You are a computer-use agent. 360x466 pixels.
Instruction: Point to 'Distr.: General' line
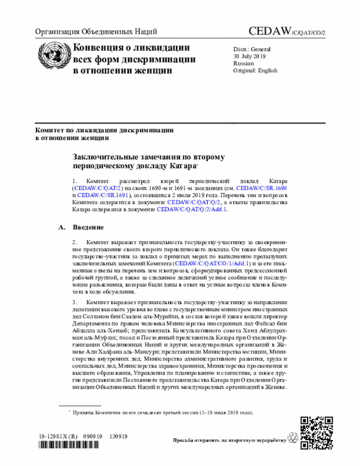(x=252, y=50)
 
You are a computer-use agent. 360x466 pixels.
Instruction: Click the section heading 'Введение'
(x=88, y=227)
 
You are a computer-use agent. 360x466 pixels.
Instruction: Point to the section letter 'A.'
(x=62, y=227)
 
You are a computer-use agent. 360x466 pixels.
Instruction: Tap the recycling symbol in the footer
(x=291, y=437)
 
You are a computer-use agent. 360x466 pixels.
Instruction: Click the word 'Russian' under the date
(x=243, y=64)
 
